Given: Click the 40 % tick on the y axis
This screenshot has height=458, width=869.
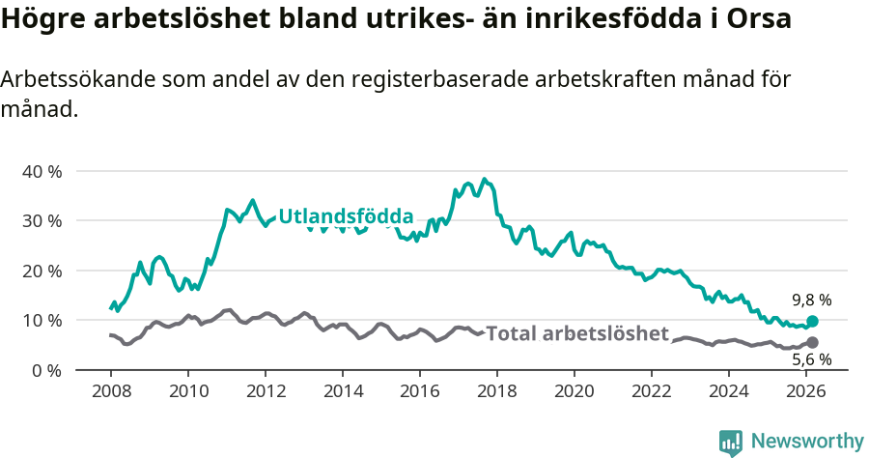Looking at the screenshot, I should (x=41, y=171).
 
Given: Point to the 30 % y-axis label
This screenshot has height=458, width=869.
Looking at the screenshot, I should (x=41, y=220).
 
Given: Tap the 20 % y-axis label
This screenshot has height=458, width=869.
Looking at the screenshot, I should (x=41, y=271).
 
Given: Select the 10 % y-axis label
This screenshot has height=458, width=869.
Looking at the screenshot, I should (x=41, y=320).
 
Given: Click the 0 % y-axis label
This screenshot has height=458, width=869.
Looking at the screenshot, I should (x=45, y=370).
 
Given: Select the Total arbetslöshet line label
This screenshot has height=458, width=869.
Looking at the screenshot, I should (x=576, y=334).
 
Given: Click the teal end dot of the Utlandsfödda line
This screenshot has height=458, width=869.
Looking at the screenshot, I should (x=812, y=321).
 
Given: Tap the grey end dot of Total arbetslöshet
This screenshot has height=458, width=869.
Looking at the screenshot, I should (x=812, y=342).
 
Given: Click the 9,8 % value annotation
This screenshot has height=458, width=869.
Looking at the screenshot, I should (x=811, y=300).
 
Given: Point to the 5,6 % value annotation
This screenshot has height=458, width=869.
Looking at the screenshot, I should (x=811, y=360).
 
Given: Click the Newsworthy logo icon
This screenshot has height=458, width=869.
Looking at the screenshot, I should (x=731, y=442).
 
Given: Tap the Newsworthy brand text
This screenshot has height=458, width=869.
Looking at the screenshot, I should (x=806, y=442).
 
